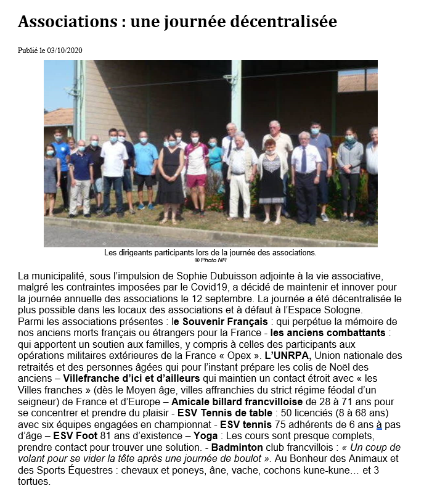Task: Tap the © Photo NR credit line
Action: (210, 260)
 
